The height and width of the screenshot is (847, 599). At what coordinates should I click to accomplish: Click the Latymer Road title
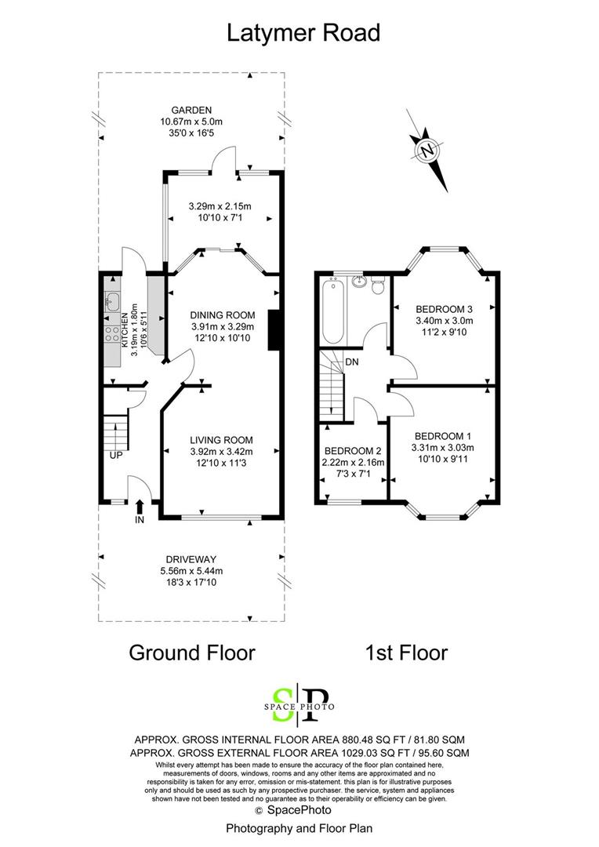point(303,33)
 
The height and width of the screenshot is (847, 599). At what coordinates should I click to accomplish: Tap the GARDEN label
point(192,111)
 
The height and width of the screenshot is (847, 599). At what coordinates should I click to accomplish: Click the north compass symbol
point(428,151)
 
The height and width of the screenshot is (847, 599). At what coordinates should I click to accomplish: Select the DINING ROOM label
point(223,315)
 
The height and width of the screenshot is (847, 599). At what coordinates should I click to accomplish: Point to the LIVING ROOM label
point(221,440)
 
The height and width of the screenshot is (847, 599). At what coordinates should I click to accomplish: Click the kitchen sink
point(112,301)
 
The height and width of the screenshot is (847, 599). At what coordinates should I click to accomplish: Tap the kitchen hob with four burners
point(112,333)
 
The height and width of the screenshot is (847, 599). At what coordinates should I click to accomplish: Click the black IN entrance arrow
point(140,506)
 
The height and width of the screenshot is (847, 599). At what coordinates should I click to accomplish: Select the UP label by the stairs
point(116,456)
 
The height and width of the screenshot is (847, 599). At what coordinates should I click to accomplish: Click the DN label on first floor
point(351,362)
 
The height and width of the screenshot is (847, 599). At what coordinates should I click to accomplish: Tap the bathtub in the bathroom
point(332,311)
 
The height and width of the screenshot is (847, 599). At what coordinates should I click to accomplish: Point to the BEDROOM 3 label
point(444,309)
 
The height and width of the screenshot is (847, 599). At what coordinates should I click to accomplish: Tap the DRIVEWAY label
point(191,560)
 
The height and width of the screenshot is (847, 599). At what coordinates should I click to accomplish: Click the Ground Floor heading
point(192,653)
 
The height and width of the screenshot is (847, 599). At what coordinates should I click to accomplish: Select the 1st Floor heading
point(407,653)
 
